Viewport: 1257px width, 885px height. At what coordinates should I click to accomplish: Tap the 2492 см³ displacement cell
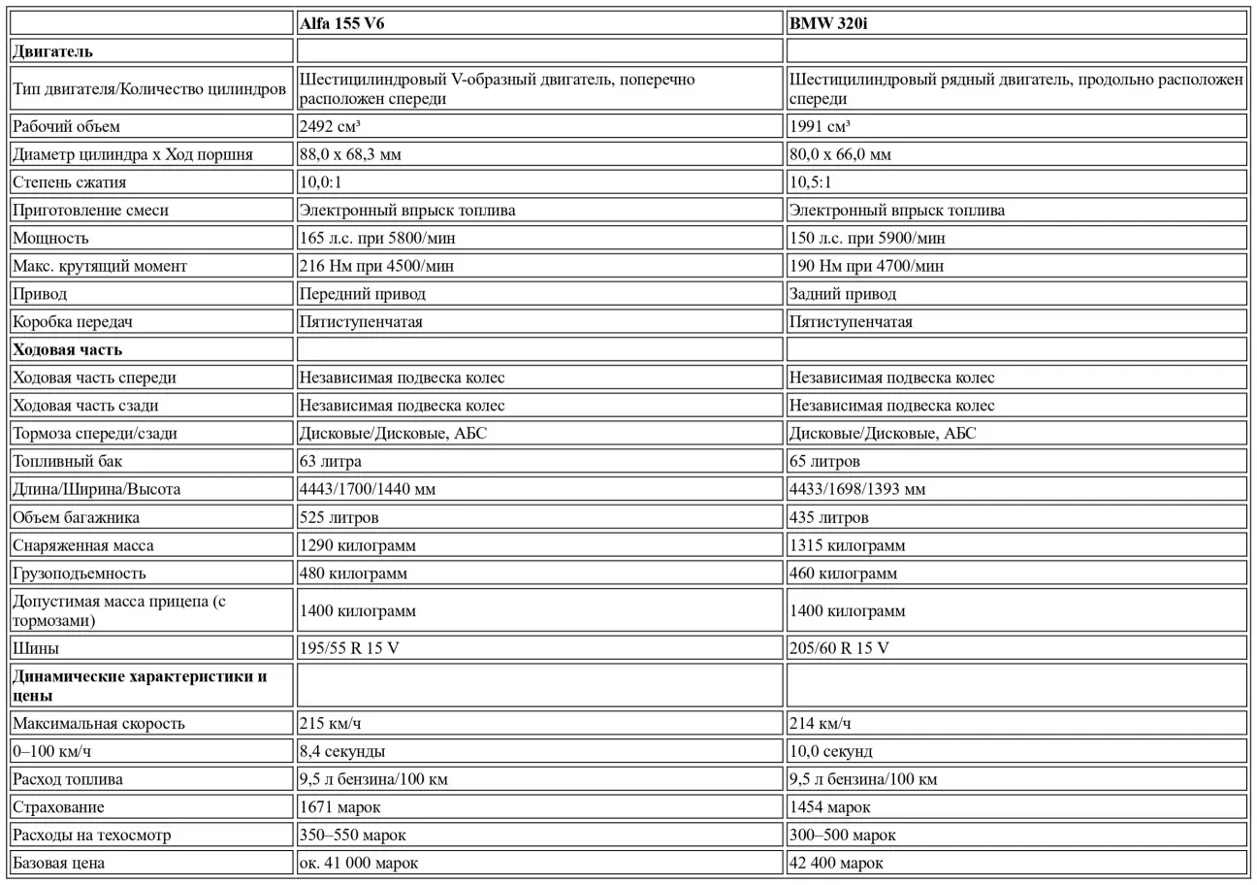click(331, 126)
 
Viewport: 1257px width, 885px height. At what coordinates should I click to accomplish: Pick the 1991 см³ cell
click(820, 126)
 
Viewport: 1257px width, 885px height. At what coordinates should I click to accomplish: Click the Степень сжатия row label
click(70, 182)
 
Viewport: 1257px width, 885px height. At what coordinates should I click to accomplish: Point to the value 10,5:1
click(810, 182)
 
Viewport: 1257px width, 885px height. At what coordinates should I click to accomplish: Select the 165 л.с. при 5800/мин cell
click(377, 238)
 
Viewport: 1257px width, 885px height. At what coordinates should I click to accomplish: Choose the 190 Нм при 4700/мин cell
click(866, 266)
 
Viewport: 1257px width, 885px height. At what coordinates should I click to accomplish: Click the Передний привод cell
click(362, 294)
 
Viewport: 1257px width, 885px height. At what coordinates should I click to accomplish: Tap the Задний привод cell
click(843, 294)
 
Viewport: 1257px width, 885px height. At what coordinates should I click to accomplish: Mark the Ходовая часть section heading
click(68, 349)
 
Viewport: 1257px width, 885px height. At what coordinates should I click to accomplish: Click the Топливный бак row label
click(68, 462)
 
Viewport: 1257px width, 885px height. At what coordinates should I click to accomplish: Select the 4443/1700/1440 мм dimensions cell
click(368, 490)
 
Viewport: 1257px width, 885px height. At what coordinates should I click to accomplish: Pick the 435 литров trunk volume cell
click(829, 518)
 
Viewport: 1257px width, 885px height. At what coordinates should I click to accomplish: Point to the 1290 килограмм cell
click(358, 546)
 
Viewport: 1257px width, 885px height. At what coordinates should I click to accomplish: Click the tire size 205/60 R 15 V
click(839, 648)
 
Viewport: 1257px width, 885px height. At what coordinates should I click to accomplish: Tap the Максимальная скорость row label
click(98, 724)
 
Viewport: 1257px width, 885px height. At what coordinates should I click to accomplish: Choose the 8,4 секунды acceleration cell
click(341, 752)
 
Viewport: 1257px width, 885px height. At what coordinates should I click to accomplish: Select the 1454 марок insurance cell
click(830, 807)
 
